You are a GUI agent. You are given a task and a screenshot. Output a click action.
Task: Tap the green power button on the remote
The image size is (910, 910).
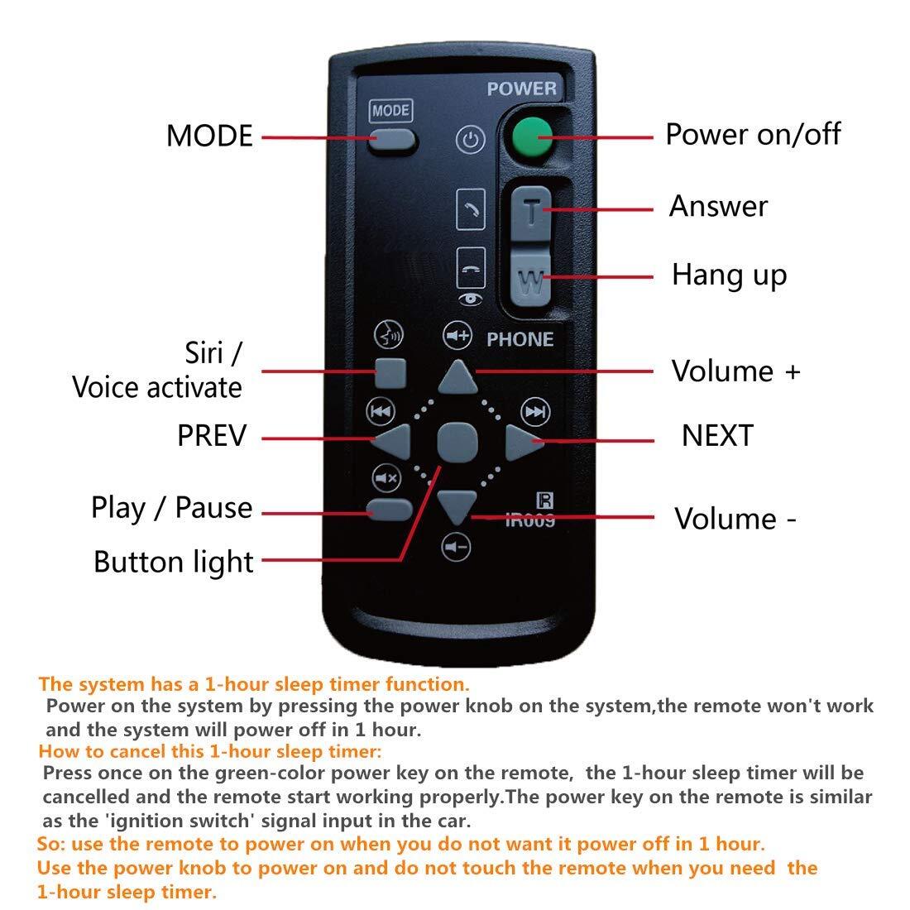(x=532, y=137)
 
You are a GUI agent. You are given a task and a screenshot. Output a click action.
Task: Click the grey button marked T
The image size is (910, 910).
(x=530, y=213)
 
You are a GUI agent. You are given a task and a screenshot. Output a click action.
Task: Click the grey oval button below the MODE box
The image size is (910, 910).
(x=392, y=141)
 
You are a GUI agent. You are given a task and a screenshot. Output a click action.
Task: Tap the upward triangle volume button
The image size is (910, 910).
(x=458, y=376)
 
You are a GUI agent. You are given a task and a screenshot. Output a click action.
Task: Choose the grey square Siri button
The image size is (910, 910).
(x=390, y=373)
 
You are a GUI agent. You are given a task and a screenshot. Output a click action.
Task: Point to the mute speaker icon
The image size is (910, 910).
(x=386, y=478)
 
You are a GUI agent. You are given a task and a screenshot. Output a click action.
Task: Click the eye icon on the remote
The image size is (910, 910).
(x=470, y=299)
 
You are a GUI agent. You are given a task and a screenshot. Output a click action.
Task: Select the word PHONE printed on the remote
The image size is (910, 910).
(x=520, y=339)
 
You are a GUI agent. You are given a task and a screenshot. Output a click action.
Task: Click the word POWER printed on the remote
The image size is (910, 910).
(x=522, y=89)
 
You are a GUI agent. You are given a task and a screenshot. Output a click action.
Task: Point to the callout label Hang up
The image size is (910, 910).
(x=729, y=275)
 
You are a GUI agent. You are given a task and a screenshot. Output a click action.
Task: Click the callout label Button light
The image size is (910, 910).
(x=174, y=562)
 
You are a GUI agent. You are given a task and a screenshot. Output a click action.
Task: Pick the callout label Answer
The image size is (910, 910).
(x=718, y=206)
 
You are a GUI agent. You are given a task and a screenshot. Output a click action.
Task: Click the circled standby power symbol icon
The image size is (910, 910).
(x=470, y=140)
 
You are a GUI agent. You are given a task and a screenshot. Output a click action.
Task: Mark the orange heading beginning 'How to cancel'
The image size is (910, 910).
(x=210, y=751)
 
